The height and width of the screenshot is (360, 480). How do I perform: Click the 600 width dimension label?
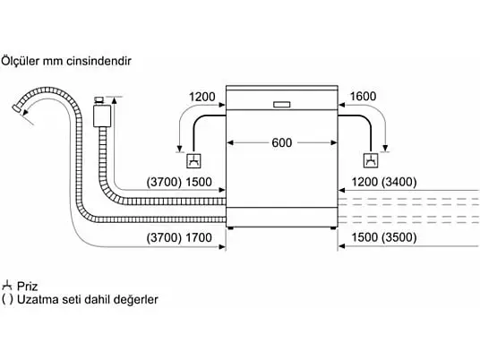pyautogui.click(x=281, y=142)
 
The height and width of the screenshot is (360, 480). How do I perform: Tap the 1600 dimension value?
pyautogui.click(x=363, y=97)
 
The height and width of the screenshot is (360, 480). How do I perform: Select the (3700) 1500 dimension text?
pyautogui.click(x=179, y=182)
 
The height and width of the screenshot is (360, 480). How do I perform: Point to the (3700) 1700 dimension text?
pyautogui.click(x=179, y=237)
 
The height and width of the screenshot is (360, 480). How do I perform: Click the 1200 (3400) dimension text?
pyautogui.click(x=384, y=182)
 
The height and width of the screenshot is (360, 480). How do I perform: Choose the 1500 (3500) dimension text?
pyautogui.click(x=384, y=237)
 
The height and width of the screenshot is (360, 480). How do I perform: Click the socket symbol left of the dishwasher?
pyautogui.click(x=193, y=160)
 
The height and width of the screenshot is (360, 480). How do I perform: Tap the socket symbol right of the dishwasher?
pyautogui.click(x=371, y=160)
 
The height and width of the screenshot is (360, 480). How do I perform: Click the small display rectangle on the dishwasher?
pyautogui.click(x=281, y=105)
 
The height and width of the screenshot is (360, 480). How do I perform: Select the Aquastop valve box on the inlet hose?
pyautogui.click(x=102, y=116)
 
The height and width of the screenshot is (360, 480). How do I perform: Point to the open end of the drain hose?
pyautogui.click(x=16, y=108)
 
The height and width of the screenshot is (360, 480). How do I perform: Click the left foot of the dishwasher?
pyautogui.click(x=231, y=228)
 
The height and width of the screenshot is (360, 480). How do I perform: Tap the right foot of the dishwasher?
pyautogui.click(x=333, y=228)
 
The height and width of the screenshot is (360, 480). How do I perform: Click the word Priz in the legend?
pyautogui.click(x=27, y=287)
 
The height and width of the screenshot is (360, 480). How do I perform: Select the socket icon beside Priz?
pyautogui.click(x=7, y=286)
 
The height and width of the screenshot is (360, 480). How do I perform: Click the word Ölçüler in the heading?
pyautogui.click(x=21, y=61)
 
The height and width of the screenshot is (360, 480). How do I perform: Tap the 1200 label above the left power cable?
pyautogui.click(x=202, y=97)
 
